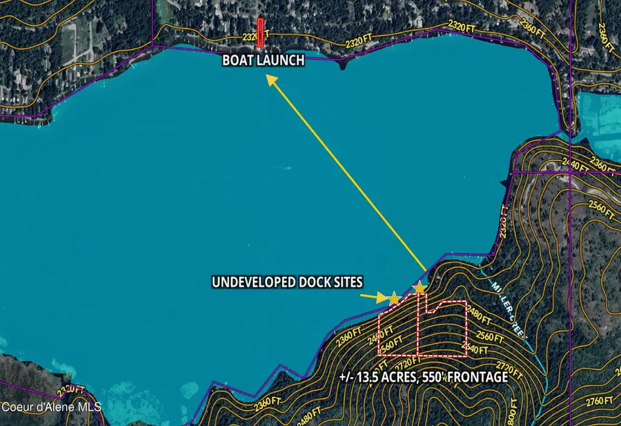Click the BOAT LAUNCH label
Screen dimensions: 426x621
[263, 61]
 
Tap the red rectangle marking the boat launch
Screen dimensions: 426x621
[260, 32]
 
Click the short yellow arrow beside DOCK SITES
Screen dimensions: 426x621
[375, 298]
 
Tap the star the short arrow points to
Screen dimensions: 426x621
[393, 298]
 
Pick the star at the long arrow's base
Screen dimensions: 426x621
[420, 287]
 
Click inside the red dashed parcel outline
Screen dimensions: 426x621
[442, 331]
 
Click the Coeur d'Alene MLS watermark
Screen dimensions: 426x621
[50, 407]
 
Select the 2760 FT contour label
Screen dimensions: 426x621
[598, 400]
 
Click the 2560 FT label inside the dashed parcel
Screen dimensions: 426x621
[391, 343]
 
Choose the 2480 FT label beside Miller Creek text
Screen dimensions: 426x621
[479, 318]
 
